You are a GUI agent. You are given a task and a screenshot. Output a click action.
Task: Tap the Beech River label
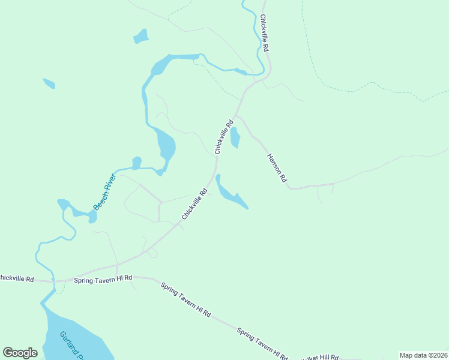104,191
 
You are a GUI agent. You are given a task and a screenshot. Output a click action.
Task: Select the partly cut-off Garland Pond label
70,346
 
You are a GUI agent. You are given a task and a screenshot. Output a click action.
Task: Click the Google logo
20,353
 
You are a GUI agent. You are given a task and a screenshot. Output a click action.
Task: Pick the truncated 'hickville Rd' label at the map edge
17,278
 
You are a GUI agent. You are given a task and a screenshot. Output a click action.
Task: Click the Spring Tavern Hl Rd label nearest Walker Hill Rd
262,344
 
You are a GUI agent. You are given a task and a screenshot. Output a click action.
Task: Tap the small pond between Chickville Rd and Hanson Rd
235,138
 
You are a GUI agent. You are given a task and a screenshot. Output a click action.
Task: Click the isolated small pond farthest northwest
49,83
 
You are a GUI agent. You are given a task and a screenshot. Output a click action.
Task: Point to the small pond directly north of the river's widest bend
140,37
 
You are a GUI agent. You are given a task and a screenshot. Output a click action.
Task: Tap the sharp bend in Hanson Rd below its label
291,187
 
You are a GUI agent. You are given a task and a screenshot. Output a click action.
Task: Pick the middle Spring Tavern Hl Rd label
186,299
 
